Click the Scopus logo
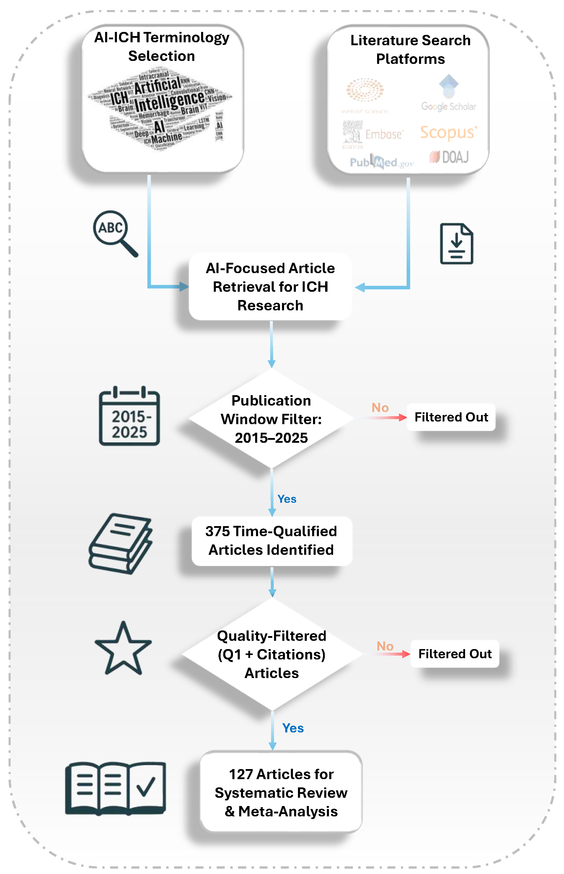tap(448, 133)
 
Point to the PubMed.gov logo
tap(381, 162)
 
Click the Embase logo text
tap(384, 134)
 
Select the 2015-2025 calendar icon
tap(129, 416)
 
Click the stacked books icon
tap(121, 543)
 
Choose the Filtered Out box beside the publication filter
tap(451, 417)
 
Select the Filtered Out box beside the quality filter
tap(454, 654)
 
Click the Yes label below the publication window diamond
tap(287, 499)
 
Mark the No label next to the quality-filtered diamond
tap(385, 646)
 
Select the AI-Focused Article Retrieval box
tap(270, 287)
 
